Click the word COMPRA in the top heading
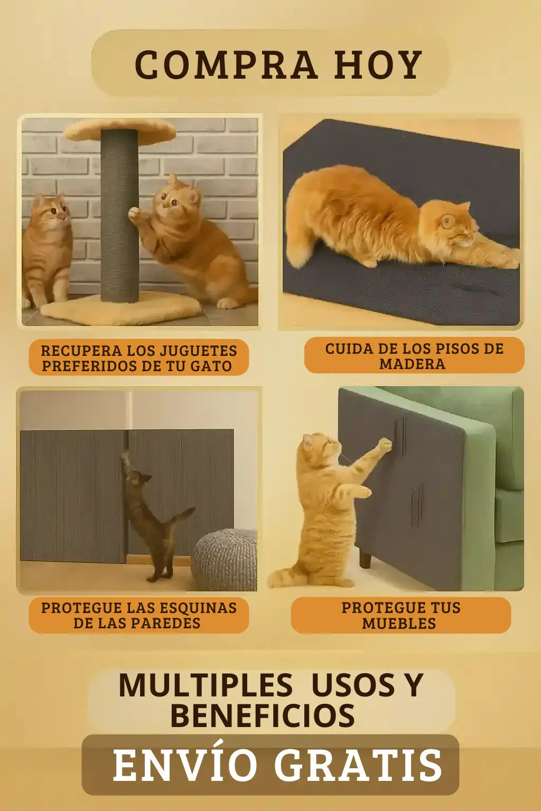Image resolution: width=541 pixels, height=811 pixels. coord(226,64)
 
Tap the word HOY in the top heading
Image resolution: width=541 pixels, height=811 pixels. coord(378,64)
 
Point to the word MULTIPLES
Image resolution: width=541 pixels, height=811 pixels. coord(206,685)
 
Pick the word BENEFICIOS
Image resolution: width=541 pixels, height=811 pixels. coord(263,716)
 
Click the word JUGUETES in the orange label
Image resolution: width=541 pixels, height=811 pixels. coord(199,351)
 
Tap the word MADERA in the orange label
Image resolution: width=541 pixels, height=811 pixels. coord(413,364)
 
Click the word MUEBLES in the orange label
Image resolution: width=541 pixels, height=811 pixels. coord(399,624)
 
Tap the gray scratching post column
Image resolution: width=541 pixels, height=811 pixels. coord(119,215)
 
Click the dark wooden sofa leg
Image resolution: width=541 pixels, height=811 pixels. coord(365,558)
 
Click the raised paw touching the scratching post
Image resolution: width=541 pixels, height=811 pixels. coord(134,213)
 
